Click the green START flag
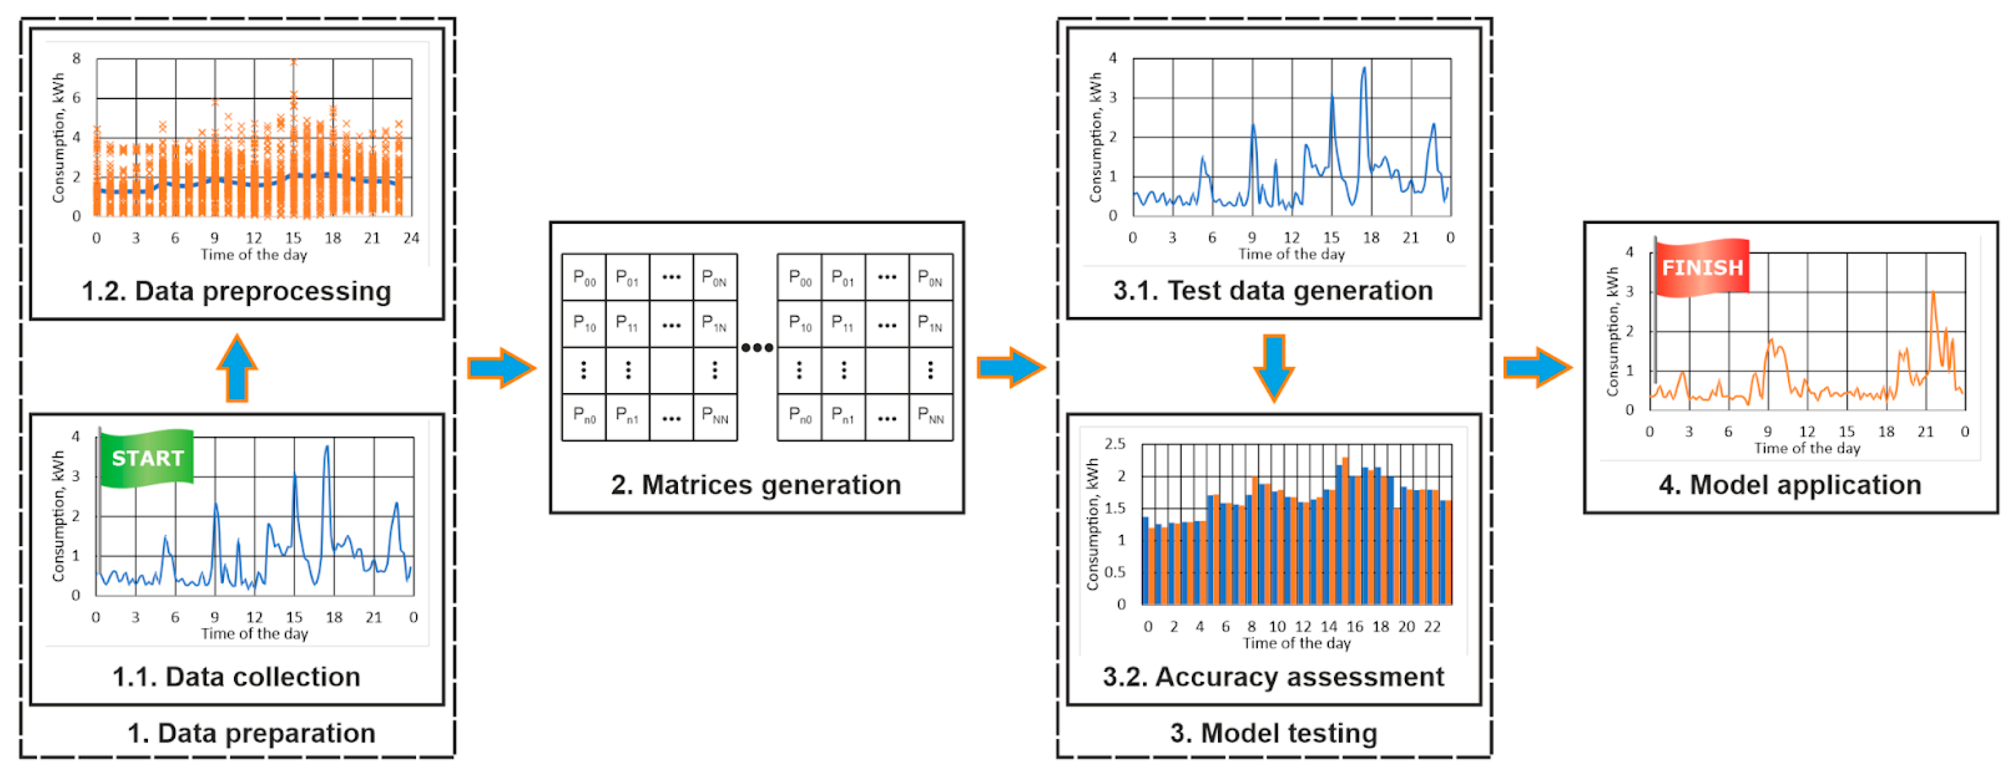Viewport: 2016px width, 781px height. click(147, 458)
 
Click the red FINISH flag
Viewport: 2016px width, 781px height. click(1702, 267)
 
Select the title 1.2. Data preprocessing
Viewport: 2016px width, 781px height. click(236, 291)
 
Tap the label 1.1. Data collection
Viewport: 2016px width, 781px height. click(236, 677)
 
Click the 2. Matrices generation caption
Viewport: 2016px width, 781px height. click(756, 485)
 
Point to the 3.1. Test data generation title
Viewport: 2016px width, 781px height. click(1273, 291)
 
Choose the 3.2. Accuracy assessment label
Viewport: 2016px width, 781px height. click(1273, 677)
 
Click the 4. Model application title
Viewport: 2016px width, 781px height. click(1790, 485)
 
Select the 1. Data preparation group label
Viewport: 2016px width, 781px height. click(251, 733)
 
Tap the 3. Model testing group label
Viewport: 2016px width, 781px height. click(1273, 733)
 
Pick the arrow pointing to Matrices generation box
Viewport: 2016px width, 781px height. click(502, 368)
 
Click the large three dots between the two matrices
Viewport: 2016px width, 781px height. click(757, 347)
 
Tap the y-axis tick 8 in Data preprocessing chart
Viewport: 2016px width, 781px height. click(77, 59)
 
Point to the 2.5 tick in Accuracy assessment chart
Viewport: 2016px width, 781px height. click(1115, 444)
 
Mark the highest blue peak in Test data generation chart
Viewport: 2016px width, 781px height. click(1364, 69)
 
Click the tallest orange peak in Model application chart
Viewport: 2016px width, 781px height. click(1933, 293)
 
